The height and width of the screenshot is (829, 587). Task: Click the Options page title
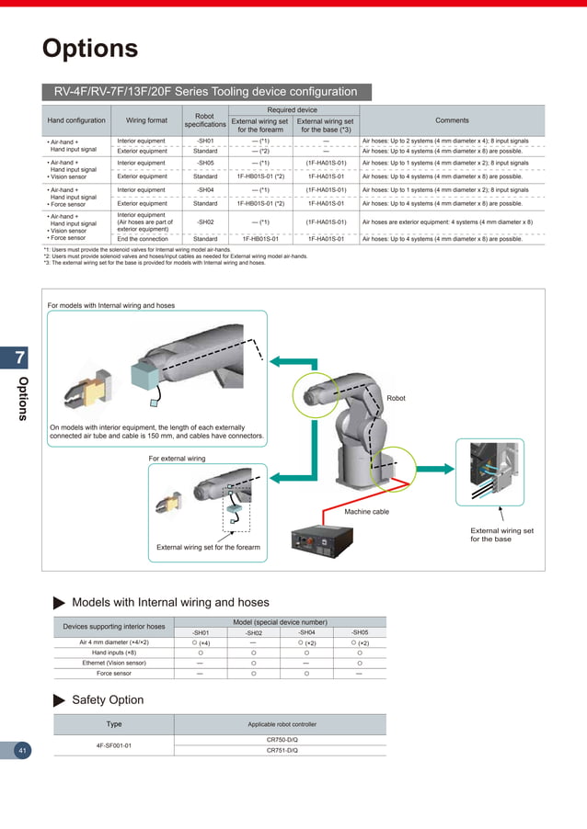tap(90, 49)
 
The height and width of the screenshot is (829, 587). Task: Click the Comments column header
tap(452, 120)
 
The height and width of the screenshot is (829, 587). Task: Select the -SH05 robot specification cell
tap(205, 163)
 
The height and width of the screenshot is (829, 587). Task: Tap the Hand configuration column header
tap(75, 120)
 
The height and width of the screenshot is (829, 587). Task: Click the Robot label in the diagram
tap(397, 399)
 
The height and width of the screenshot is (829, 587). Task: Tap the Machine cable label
tap(366, 511)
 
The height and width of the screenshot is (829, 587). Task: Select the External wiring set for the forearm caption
tap(209, 548)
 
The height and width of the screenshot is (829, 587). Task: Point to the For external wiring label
tap(177, 458)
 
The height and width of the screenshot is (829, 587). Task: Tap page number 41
tap(21, 751)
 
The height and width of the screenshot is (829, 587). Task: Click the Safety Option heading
tap(108, 699)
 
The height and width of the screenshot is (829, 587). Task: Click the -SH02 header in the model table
tap(253, 632)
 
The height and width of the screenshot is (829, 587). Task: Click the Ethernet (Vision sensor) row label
tap(114, 663)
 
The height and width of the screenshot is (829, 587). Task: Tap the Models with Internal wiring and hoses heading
tap(170, 602)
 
